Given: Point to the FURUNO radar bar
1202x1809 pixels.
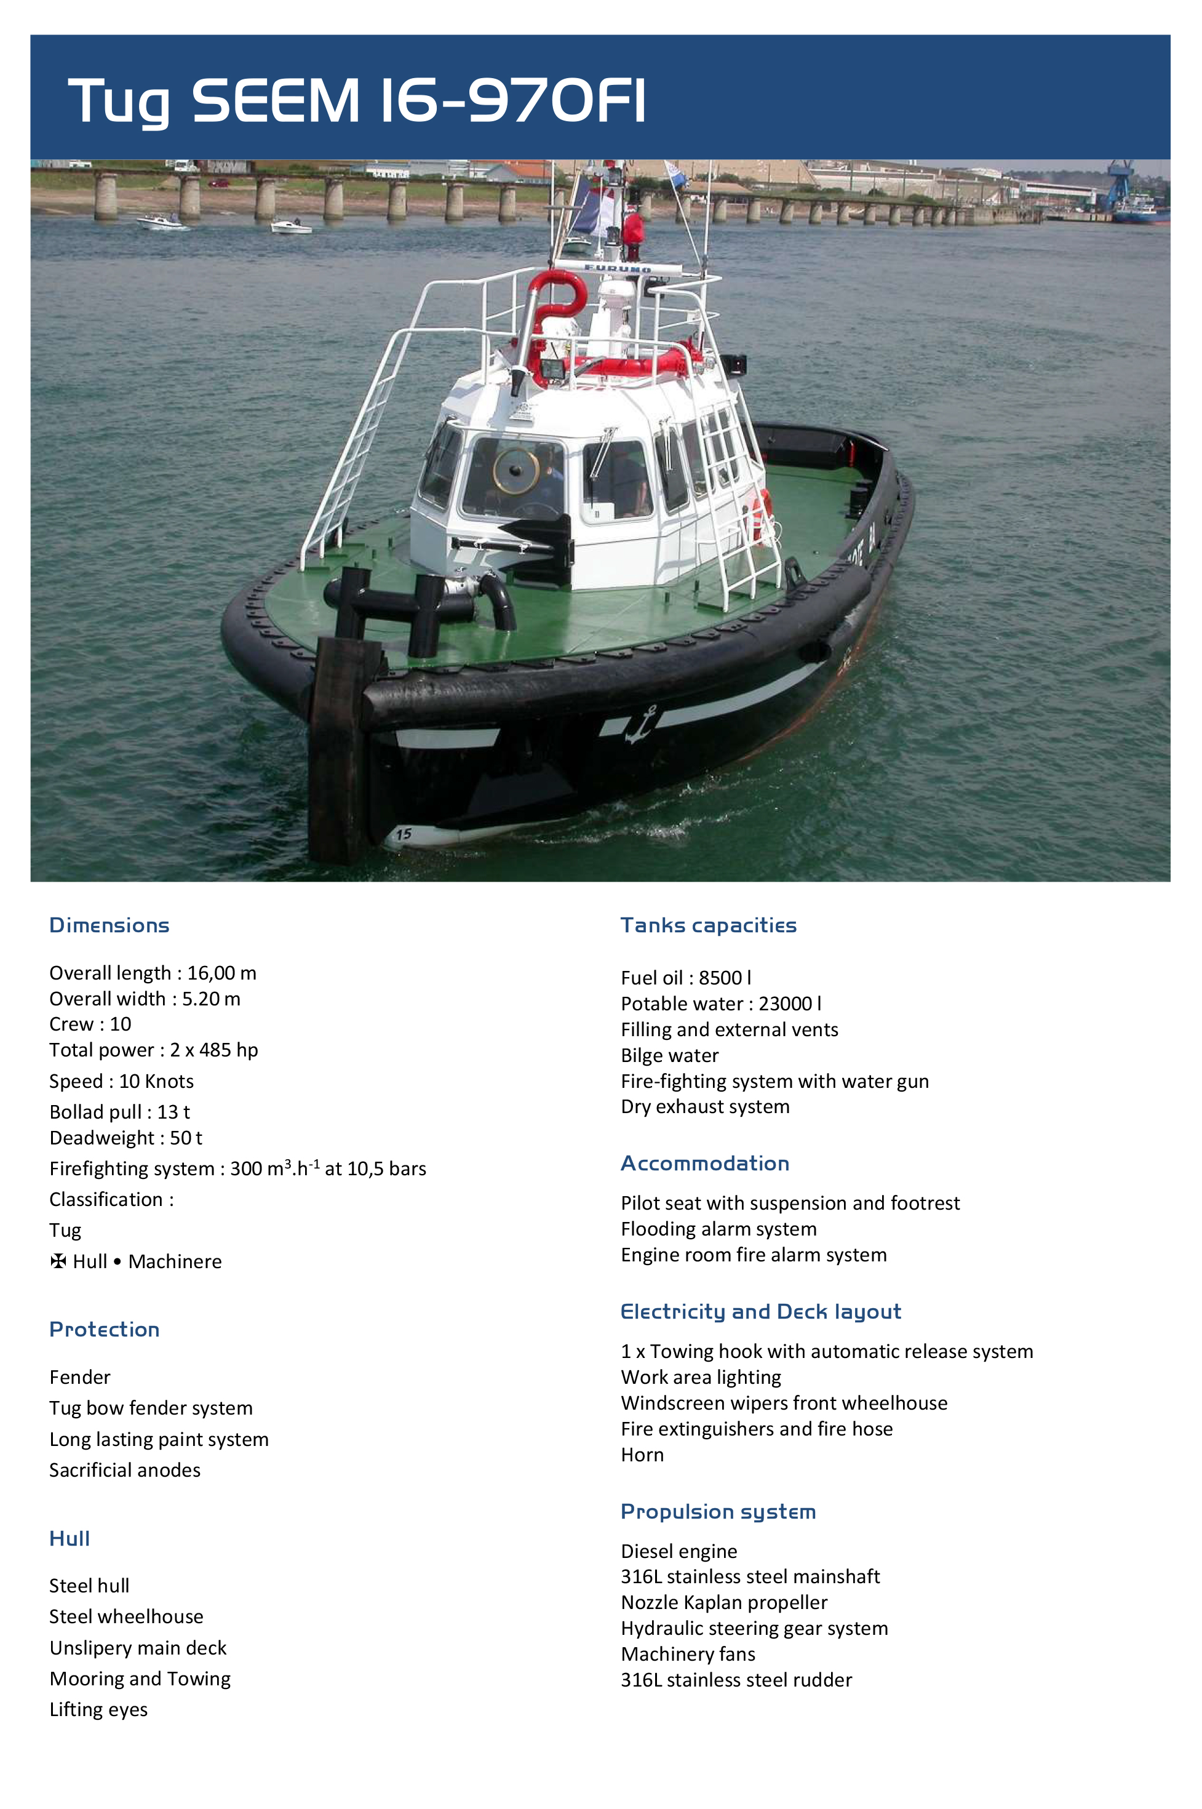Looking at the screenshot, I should click(x=617, y=268).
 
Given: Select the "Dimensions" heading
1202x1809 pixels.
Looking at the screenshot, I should click(x=109, y=925).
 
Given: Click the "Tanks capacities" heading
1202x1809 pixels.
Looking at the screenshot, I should click(x=708, y=925).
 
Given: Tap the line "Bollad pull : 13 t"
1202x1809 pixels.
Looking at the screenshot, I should click(x=119, y=1112).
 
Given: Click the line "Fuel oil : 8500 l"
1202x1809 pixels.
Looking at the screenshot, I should click(x=685, y=978).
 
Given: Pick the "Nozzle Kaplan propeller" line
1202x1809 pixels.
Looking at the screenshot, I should click(x=723, y=1602).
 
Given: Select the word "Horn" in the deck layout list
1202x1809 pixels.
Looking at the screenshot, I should click(x=642, y=1455).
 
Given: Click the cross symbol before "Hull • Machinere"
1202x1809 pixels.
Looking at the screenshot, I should click(x=58, y=1261).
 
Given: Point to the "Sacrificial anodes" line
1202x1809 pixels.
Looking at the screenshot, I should click(x=125, y=1470).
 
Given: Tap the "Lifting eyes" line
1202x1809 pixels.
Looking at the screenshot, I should click(x=98, y=1709).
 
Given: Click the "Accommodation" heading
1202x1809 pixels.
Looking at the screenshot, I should click(x=704, y=1164).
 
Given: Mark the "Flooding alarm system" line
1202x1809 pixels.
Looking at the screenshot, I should click(x=718, y=1229).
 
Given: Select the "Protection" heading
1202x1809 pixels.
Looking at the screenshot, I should click(x=104, y=1329).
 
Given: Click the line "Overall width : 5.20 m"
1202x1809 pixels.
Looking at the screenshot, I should click(x=145, y=999).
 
